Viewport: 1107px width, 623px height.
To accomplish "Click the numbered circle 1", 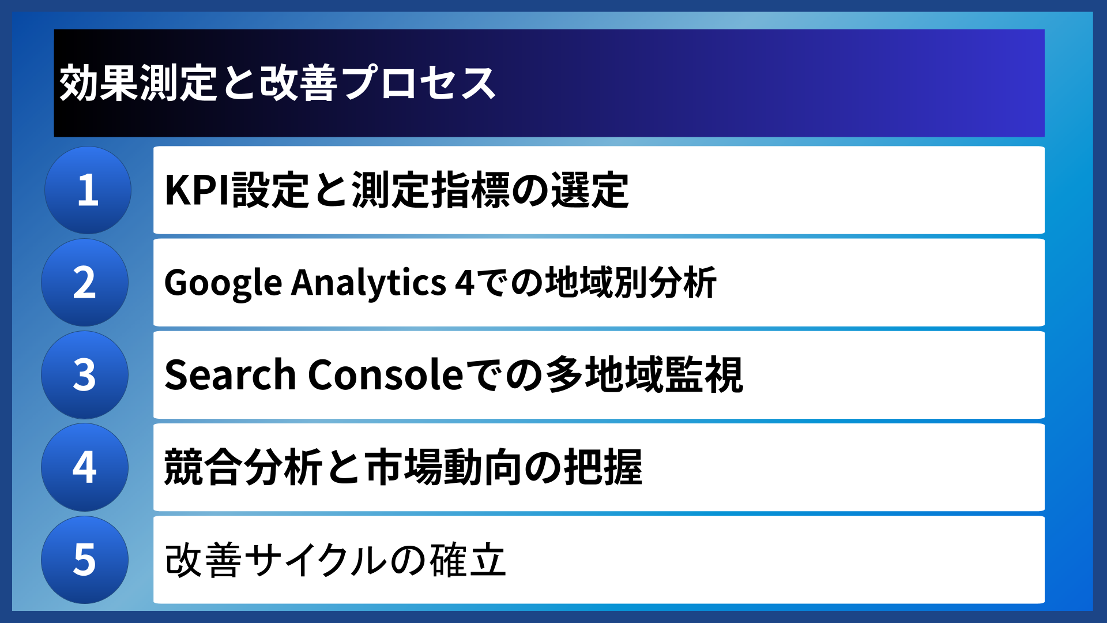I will coord(88,190).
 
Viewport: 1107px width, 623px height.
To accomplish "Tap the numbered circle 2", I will coord(85,283).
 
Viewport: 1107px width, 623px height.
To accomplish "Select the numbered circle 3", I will coord(85,375).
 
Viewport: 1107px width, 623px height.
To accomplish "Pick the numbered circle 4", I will coord(85,467).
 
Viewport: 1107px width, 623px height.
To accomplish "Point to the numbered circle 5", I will coord(85,560).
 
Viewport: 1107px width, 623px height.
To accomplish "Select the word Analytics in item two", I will coord(368,283).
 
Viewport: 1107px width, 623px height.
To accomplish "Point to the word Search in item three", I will coord(230,375).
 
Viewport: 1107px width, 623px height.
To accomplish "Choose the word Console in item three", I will coord(385,375).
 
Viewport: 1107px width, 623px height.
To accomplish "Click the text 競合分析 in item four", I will coord(243,467).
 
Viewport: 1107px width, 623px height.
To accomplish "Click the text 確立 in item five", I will coord(468,560).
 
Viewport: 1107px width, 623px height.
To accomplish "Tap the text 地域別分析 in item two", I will coord(631,283).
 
